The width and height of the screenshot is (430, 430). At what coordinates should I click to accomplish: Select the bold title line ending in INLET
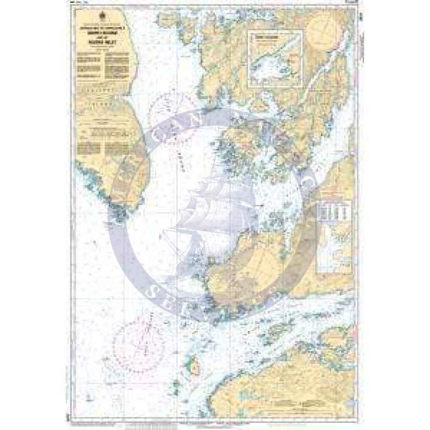(104, 42)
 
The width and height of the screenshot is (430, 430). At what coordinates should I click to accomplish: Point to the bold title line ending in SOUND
(104, 35)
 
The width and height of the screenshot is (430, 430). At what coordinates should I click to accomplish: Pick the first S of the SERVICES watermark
(157, 290)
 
